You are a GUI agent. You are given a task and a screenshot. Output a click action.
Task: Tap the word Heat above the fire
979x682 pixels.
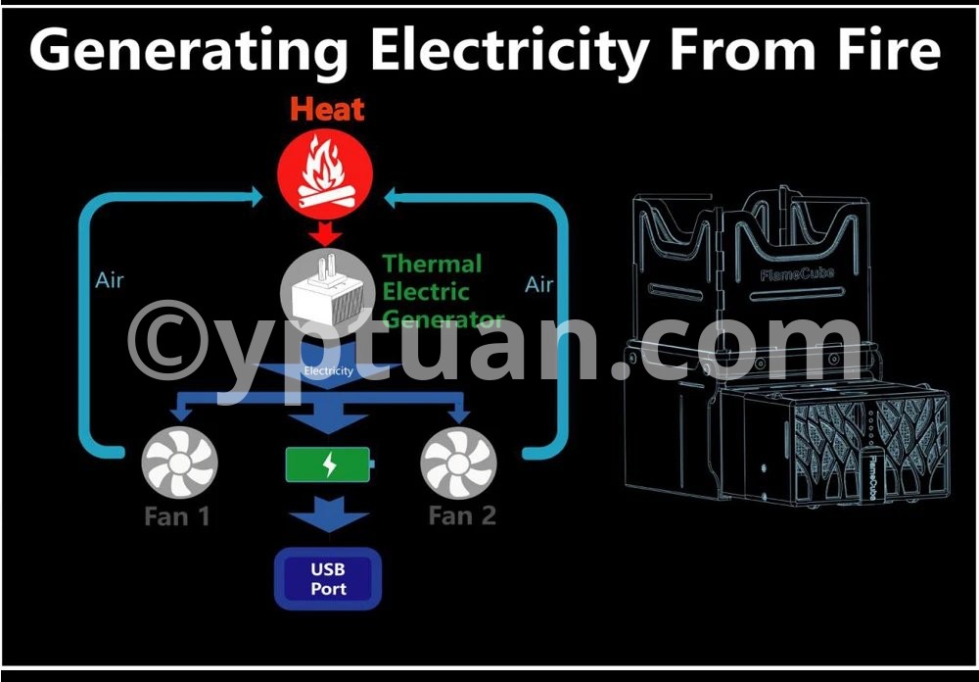pos(327,109)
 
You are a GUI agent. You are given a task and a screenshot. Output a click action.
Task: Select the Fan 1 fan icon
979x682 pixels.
pos(179,464)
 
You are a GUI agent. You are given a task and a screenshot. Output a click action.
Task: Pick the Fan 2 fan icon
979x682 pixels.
pos(458,464)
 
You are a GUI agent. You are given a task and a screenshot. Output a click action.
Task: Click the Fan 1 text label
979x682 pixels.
pos(177,515)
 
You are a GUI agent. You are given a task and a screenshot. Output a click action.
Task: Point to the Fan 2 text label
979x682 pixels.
pos(462,515)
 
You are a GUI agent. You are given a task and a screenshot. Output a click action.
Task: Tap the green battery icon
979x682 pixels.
pos(329,464)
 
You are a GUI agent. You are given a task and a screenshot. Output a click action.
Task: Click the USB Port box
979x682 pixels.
pos(328,579)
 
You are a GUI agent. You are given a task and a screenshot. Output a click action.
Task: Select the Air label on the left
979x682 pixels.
pos(110,280)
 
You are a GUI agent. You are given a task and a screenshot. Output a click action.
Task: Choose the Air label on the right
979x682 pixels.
pos(538,284)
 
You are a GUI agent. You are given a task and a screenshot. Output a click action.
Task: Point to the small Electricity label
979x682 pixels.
pos(328,371)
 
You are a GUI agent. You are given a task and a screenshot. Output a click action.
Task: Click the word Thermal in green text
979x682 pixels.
pos(432,264)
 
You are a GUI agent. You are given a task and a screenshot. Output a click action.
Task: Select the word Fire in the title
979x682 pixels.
pos(886,48)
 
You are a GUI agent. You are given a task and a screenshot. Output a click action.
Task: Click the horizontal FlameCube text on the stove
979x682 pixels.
pos(797,274)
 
